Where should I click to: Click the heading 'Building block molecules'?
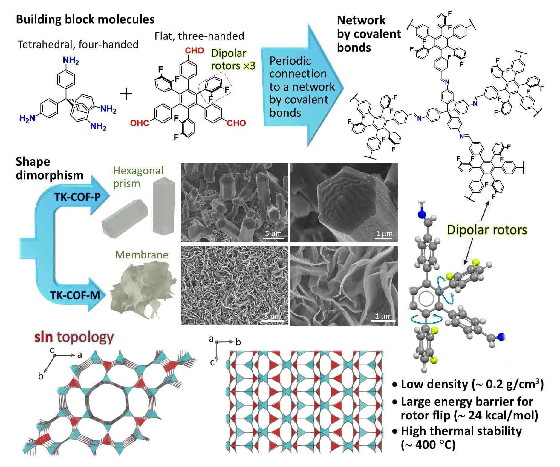point(85,19)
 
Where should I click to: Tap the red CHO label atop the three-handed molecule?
point(194,51)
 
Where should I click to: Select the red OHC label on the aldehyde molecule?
point(140,123)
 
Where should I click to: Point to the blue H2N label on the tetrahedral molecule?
point(27,118)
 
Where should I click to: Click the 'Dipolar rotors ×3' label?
point(233,59)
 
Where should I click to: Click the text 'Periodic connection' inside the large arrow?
point(298,67)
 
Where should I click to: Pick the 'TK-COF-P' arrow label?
point(77,197)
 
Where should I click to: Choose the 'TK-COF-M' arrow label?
point(75,295)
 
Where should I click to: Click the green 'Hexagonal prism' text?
point(138,177)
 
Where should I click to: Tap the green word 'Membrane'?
point(142,255)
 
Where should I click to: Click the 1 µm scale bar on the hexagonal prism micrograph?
point(384,238)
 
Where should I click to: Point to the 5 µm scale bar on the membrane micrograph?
point(273,320)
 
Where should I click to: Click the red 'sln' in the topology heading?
point(44,337)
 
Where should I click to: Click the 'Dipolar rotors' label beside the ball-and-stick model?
point(487,230)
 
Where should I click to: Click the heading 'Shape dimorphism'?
point(49,168)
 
